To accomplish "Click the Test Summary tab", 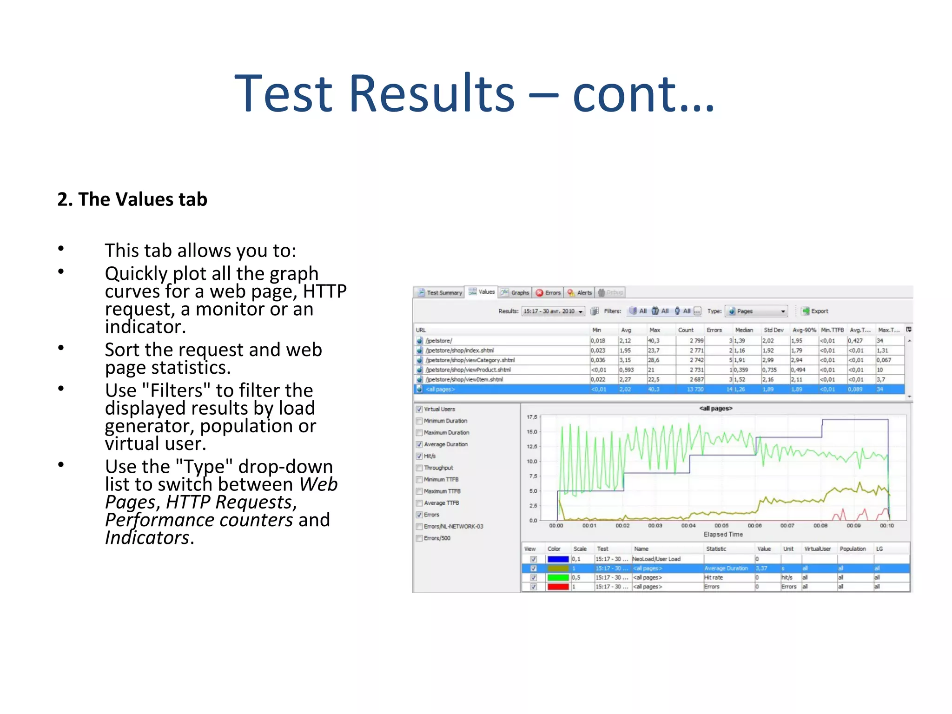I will [440, 292].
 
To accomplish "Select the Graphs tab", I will [515, 292].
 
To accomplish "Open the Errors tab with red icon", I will [549, 292].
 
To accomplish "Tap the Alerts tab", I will [580, 292].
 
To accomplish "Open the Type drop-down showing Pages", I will [757, 311].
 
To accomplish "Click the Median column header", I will [744, 330].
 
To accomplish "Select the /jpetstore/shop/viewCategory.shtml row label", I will [469, 360].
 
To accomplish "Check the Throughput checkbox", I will [419, 468].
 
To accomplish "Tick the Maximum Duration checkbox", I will [419, 432].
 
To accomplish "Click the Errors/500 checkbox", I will [419, 538].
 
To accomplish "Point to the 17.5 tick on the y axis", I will [532, 417].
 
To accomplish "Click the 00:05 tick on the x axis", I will [721, 525].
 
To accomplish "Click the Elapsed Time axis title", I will [723, 535].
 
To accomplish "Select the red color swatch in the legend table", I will [558, 587].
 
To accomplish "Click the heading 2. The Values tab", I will [132, 199].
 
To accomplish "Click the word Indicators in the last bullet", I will [147, 538].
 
